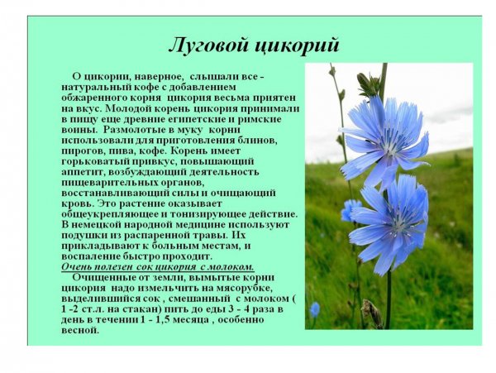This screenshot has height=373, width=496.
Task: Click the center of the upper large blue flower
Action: coord(385,136)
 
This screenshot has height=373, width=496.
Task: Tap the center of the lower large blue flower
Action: coord(395,224)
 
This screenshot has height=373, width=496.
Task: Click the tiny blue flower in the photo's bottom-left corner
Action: coord(315,309)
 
